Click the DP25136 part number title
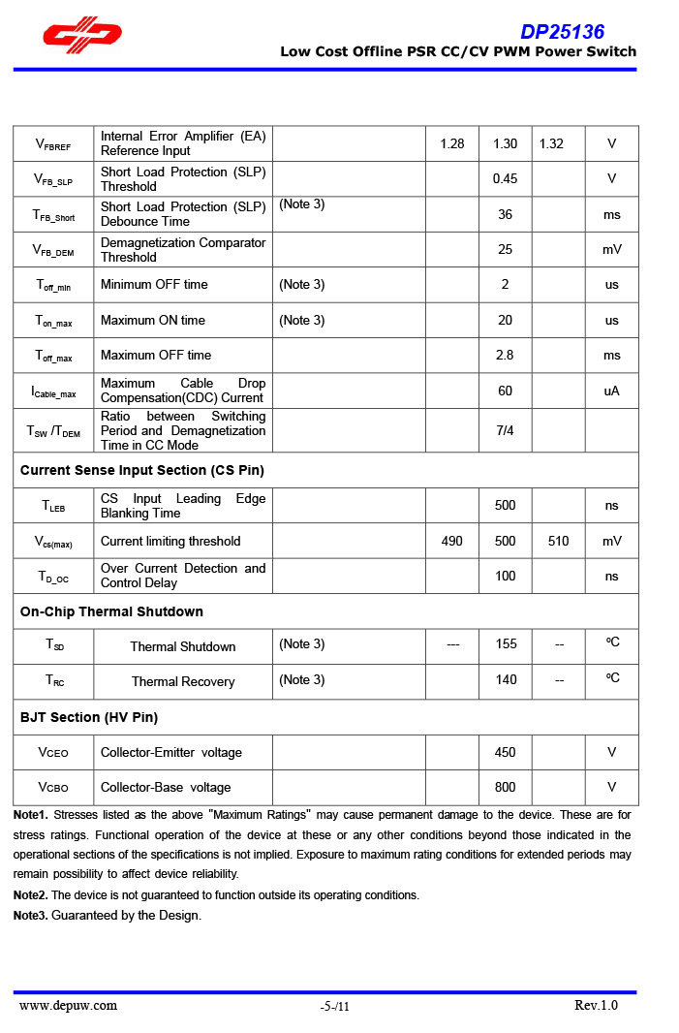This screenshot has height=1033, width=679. coord(562,32)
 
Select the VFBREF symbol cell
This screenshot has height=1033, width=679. coord(53,144)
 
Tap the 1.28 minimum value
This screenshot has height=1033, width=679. coord(451,143)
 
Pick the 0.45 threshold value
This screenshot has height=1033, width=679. coord(505,179)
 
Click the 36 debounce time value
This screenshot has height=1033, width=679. coord(505,214)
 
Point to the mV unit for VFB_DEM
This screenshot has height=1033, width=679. coord(611,250)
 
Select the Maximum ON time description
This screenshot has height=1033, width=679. coord(153,320)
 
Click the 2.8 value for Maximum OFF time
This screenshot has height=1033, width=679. coord(505,356)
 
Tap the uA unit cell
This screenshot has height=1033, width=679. coord(611,391)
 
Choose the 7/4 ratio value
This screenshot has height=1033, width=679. coord(505,430)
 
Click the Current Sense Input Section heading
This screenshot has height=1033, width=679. coord(142,470)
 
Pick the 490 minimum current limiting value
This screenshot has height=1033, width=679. coord(451,541)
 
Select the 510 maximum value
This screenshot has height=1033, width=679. coord(558,541)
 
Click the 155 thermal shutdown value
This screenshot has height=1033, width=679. coord(506,644)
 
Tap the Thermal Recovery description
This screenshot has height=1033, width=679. coord(183,681)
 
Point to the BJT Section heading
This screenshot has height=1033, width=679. coord(89,717)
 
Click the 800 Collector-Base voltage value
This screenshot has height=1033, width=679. coord(505,787)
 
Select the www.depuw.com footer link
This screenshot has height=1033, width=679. coord(68,1005)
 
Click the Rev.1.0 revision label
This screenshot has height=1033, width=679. coord(596,1005)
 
